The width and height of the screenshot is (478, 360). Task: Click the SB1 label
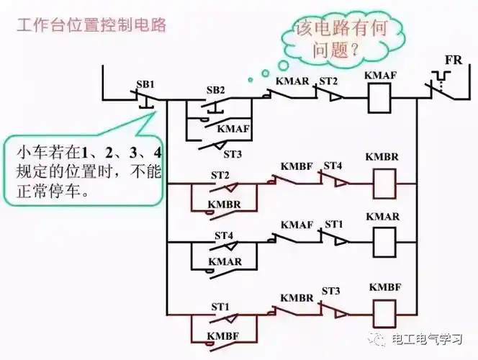point(145,84)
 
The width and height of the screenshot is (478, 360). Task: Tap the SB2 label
point(216,90)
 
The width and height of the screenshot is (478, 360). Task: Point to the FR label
point(453,60)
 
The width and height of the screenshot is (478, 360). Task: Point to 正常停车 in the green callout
point(53,193)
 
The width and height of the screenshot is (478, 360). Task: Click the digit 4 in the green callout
point(156,153)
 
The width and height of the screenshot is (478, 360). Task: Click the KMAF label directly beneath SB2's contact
point(233,129)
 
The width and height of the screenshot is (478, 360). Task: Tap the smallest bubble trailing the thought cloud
point(249,78)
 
